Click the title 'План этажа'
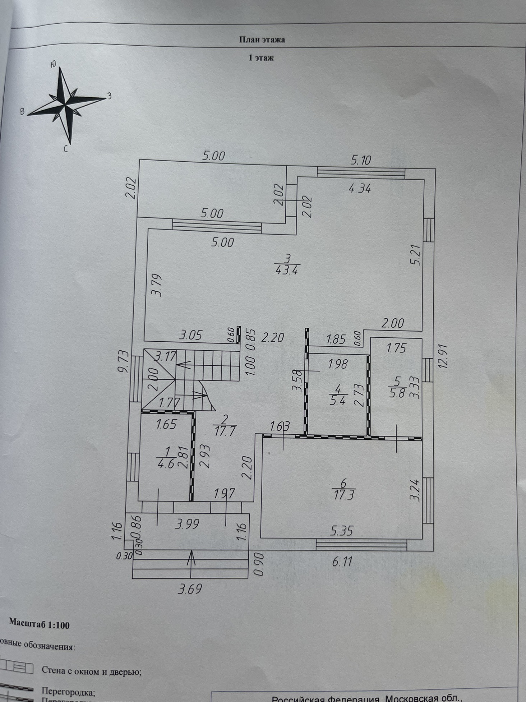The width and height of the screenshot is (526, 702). [x=262, y=40]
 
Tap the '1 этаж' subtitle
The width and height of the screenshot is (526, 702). [x=261, y=58]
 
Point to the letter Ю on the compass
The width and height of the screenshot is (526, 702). [x=53, y=64]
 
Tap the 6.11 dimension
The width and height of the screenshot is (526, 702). [x=342, y=561]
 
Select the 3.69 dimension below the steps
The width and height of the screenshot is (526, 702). [x=190, y=589]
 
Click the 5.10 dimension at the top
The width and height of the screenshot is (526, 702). [x=360, y=160]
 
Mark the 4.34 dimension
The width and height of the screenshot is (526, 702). [x=360, y=188]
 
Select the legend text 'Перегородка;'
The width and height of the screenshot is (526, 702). [x=68, y=691]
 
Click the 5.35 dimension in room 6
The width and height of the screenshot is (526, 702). [x=342, y=530]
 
